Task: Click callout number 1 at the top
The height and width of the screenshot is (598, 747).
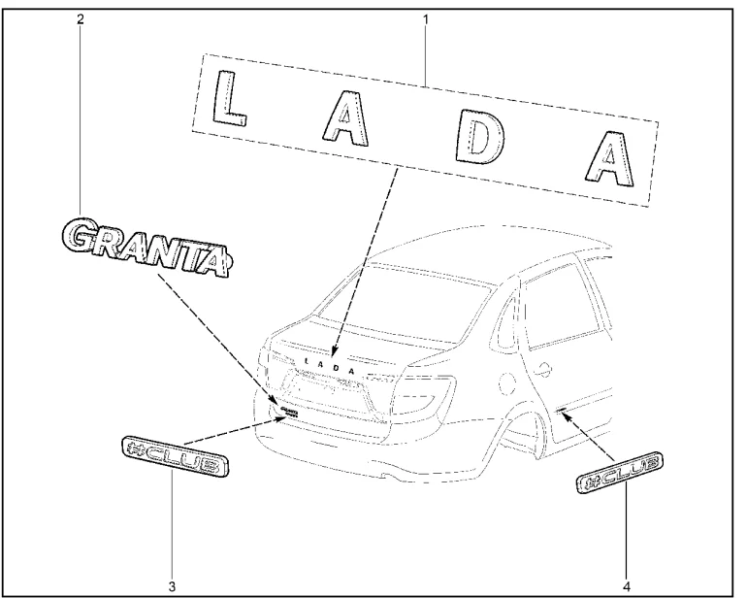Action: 425,18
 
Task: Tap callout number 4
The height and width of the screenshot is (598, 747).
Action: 626,584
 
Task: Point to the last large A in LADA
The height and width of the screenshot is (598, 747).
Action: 607,157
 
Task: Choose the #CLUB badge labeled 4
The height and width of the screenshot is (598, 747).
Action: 621,473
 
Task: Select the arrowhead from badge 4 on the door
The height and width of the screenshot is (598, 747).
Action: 562,412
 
